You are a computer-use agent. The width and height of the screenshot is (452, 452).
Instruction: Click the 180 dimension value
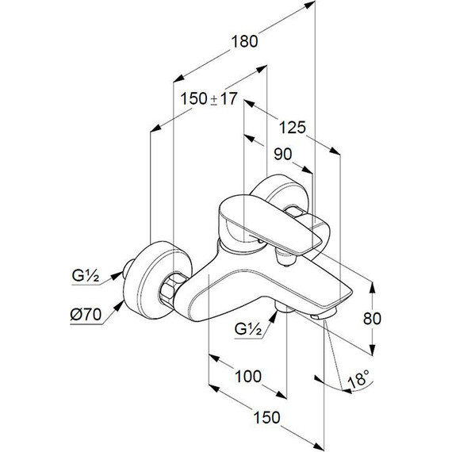coord(244,41)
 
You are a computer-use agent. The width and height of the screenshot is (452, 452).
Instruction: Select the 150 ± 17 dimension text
coord(209,98)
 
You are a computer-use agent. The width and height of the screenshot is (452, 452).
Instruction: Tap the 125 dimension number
coord(293,128)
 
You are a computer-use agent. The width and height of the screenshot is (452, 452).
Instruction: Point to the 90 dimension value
coord(283,154)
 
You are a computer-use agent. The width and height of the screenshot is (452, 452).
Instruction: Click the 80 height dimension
coord(372,319)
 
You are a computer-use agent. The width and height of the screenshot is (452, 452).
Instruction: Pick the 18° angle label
coord(358,379)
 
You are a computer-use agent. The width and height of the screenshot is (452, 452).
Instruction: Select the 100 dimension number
coord(248,377)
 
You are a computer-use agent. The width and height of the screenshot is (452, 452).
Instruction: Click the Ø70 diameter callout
coord(86,314)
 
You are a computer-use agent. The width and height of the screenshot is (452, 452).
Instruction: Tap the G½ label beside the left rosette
coord(86,276)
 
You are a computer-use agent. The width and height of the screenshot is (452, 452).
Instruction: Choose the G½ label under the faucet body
coord(248,329)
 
